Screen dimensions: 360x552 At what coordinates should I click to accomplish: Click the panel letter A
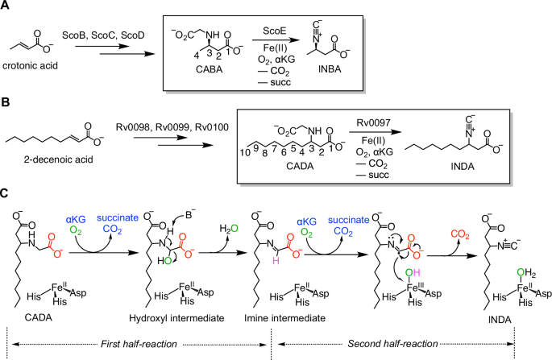(x=6, y=7)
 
